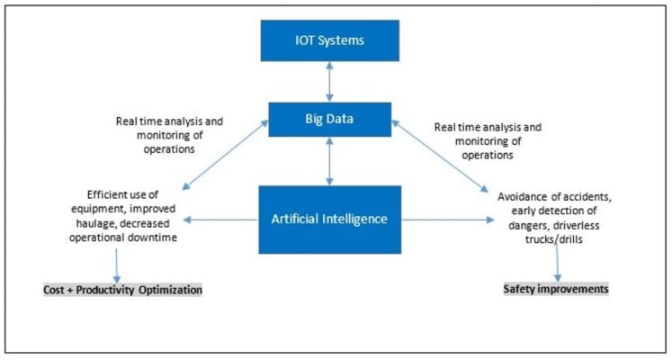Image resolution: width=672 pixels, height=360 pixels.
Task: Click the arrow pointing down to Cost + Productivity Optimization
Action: pyautogui.click(x=117, y=265)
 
